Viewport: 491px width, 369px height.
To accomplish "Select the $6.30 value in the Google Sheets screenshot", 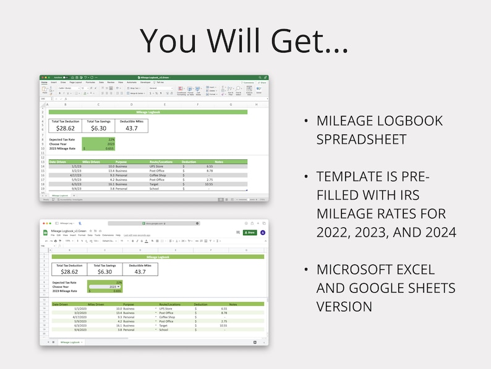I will (105, 271).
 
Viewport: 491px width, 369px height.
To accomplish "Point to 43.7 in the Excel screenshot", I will (131, 128).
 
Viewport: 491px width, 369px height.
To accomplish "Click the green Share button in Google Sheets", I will (249, 233).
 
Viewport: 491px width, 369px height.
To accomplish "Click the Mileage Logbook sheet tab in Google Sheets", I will (70, 342).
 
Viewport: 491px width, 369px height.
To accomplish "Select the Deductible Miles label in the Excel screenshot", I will (131, 121).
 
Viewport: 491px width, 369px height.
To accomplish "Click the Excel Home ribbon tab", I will (44, 82).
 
